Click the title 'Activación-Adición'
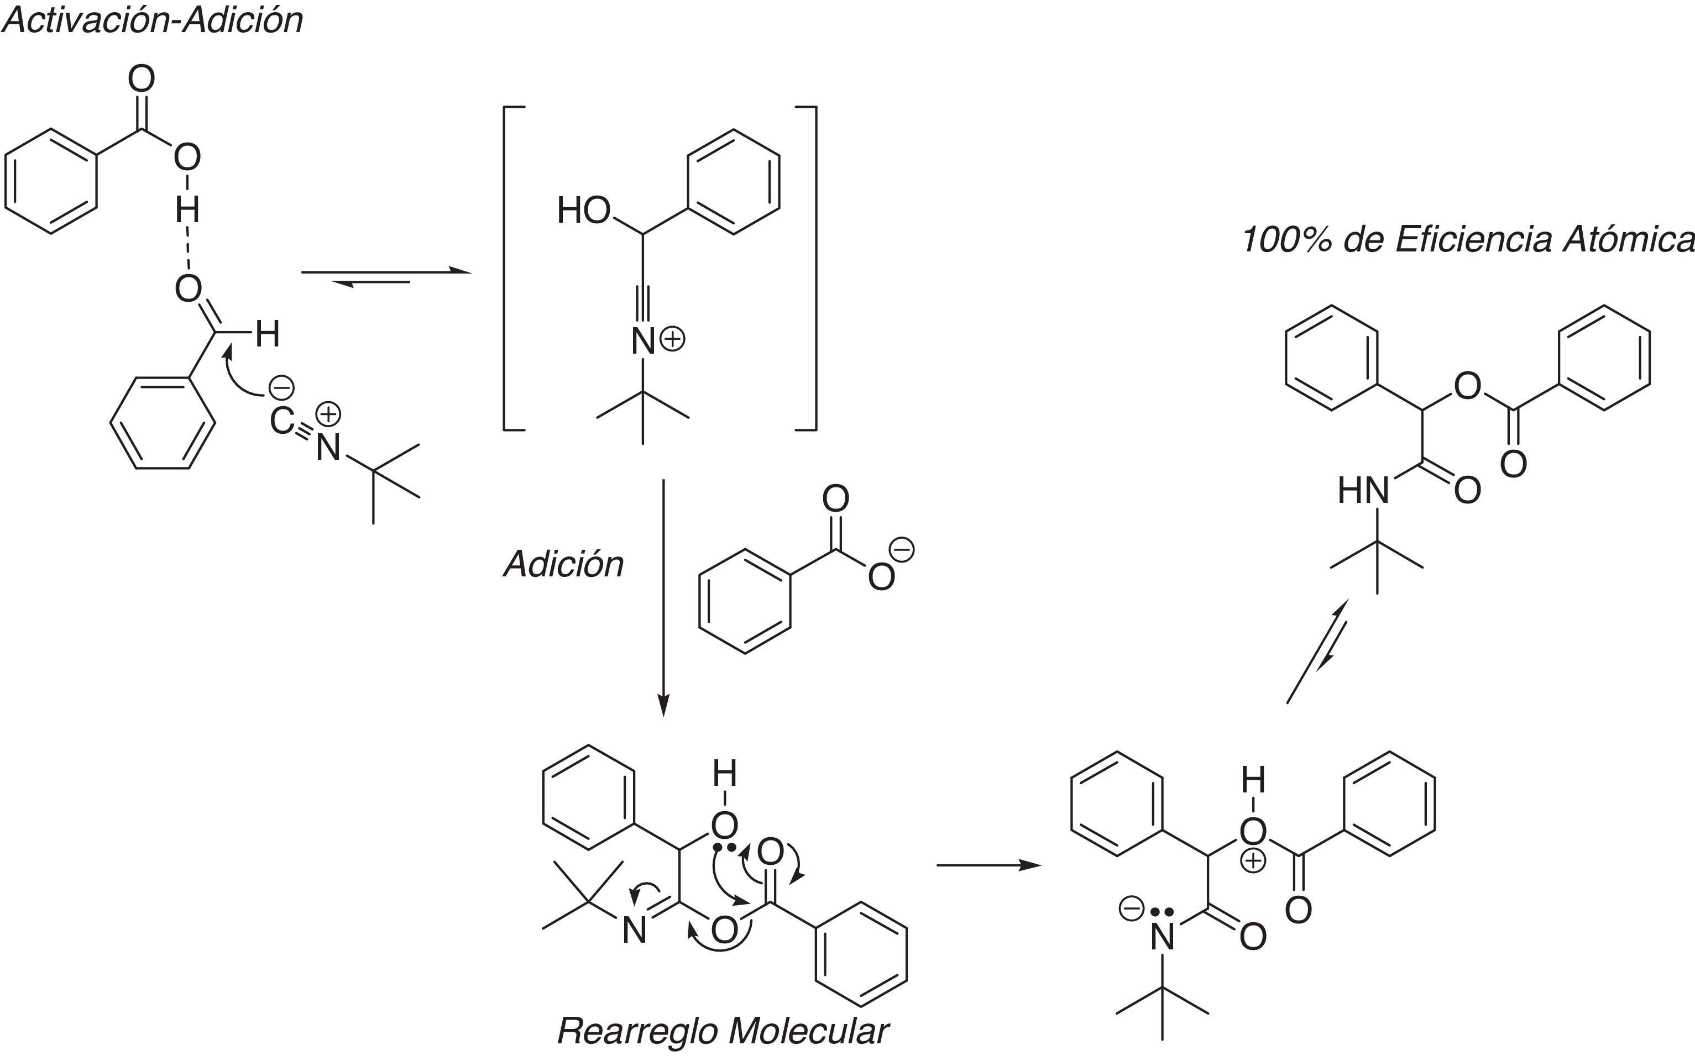(152, 20)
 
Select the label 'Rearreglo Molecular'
(723, 1031)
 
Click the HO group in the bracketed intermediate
(584, 211)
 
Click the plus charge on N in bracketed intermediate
(672, 340)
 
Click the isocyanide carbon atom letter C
(282, 421)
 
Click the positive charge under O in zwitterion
(1253, 860)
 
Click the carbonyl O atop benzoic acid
(141, 78)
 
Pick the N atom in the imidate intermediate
(635, 931)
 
